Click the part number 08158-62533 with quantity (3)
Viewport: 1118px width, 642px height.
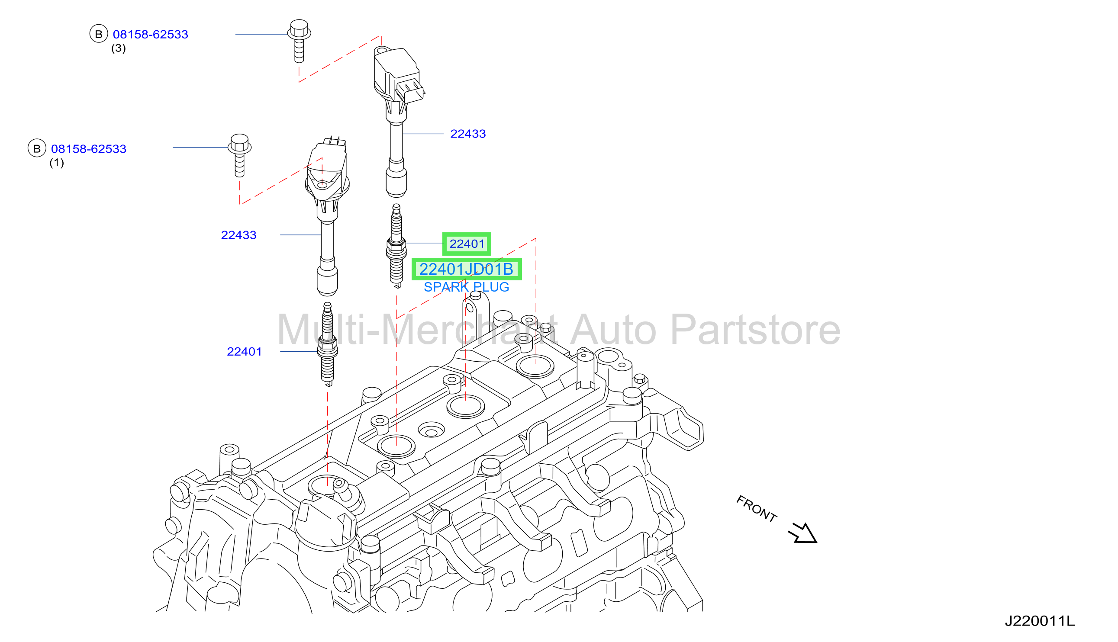(x=150, y=35)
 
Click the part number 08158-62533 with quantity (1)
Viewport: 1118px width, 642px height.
(x=89, y=149)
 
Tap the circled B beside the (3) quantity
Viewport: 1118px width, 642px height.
(x=99, y=34)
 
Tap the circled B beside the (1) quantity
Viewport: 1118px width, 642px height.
(x=37, y=148)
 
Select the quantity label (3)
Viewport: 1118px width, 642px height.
(x=118, y=48)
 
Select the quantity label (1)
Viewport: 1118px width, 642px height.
(x=56, y=163)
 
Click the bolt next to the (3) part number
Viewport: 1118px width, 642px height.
(x=299, y=41)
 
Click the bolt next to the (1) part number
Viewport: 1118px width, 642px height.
(x=239, y=155)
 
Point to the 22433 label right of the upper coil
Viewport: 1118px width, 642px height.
(x=468, y=134)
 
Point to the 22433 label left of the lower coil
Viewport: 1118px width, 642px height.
(x=238, y=235)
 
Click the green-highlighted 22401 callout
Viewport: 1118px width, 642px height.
(x=467, y=244)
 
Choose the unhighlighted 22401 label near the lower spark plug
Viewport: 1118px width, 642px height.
(x=244, y=351)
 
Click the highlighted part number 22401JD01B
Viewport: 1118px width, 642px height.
(x=467, y=269)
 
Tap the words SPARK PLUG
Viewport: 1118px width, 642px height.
(x=467, y=287)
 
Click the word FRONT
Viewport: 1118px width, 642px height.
(x=756, y=509)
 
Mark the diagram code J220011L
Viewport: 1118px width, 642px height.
(x=1040, y=621)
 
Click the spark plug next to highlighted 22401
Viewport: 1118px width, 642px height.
(x=396, y=246)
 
